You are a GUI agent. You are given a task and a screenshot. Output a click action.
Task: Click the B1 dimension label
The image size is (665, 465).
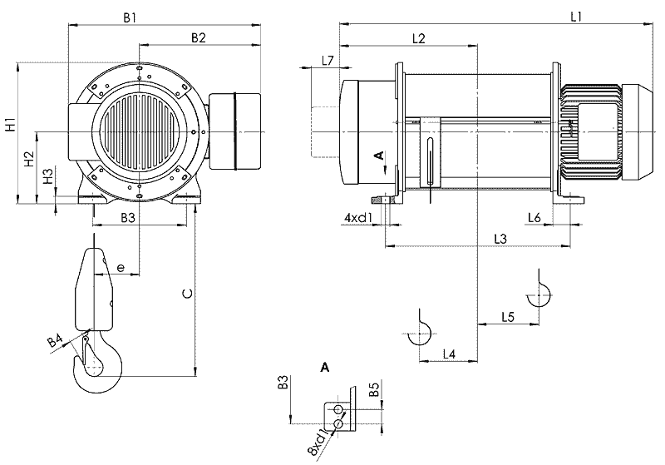[130, 17]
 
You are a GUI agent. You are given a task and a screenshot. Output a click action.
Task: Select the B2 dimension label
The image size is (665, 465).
[198, 37]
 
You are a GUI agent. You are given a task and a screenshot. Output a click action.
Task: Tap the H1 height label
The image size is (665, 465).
[10, 125]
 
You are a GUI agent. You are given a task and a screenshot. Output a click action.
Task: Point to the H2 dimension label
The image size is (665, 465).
[29, 158]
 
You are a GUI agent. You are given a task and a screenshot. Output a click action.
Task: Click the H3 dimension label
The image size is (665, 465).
[48, 176]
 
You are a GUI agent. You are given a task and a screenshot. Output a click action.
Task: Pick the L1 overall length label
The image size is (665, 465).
[575, 17]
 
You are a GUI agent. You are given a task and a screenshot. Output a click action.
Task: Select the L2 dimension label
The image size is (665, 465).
[419, 38]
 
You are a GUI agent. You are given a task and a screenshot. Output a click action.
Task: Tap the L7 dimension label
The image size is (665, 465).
[328, 61]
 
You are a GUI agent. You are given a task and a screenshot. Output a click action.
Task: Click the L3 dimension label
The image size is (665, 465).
[500, 239]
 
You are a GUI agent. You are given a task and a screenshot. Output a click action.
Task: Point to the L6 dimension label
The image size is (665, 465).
[534, 218]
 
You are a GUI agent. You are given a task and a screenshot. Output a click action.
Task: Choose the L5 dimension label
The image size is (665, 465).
[508, 316]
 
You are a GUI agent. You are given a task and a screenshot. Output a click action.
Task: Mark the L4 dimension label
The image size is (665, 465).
[449, 354]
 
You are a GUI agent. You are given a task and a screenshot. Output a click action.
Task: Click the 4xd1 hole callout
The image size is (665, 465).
[358, 218]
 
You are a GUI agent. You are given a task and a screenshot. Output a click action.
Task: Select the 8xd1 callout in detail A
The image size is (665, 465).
[319, 443]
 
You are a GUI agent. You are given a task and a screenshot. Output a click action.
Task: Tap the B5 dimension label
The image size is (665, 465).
[373, 389]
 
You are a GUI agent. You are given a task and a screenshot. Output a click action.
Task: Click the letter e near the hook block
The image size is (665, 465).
[121, 268]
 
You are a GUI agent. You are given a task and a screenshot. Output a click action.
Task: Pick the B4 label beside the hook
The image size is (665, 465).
[55, 341]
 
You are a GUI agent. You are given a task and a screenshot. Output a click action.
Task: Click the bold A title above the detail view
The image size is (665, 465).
[325, 368]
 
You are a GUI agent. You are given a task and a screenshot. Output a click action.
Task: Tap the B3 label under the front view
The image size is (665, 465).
[128, 218]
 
